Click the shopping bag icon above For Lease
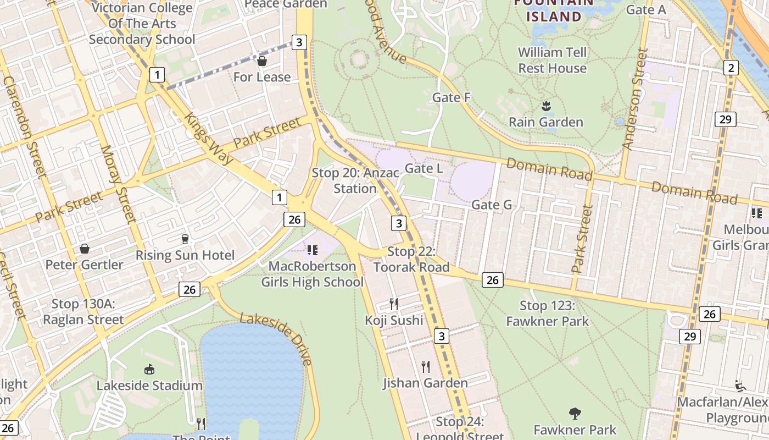coord(262,61)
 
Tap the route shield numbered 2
coord(731,68)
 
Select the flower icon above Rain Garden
coord(545,105)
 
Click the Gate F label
coord(452,97)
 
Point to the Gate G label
coord(492,205)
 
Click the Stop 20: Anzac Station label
coord(355,180)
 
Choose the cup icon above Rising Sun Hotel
coord(185,239)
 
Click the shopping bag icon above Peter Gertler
coord(84,249)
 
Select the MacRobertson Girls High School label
coord(312,274)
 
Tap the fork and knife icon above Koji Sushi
coord(393,304)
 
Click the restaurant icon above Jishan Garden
coord(425,366)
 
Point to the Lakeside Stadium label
coord(149,386)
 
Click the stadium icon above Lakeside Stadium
coord(149,369)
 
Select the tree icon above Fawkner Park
coord(575,413)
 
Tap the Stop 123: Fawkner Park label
coord(548,313)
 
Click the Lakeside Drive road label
coord(276,339)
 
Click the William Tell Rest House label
coord(553,60)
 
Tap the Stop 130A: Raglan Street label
coord(83,311)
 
